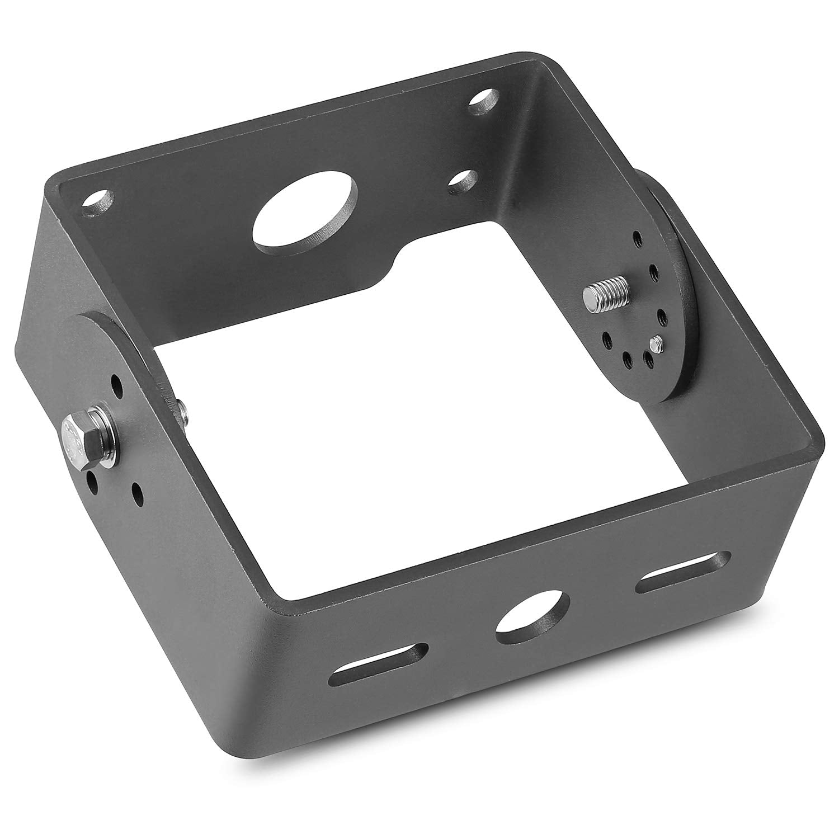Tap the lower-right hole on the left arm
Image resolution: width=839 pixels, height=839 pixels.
point(136,492)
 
